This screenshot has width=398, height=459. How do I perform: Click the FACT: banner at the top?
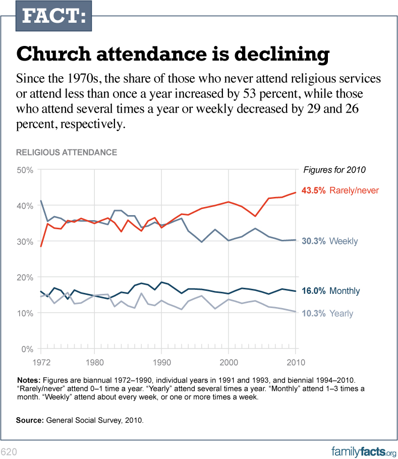pos(51,16)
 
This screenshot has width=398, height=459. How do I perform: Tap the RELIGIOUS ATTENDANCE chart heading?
pos(67,152)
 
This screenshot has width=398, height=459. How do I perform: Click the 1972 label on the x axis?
pos(41,362)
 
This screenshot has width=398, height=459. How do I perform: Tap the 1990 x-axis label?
pos(161,362)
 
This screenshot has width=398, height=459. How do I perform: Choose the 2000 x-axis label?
pos(229,362)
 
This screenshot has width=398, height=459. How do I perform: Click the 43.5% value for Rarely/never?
pos(314,190)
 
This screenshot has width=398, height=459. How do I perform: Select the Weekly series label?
pos(344,241)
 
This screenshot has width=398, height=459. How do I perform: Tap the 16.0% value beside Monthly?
pos(313,291)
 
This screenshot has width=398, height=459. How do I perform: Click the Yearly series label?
pos(342,314)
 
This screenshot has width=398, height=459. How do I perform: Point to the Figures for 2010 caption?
pos(334,169)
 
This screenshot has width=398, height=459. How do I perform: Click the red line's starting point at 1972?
pos(41,246)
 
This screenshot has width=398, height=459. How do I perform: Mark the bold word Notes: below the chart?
pos(29,379)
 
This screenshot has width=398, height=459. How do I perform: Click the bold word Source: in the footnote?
pos(30,420)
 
